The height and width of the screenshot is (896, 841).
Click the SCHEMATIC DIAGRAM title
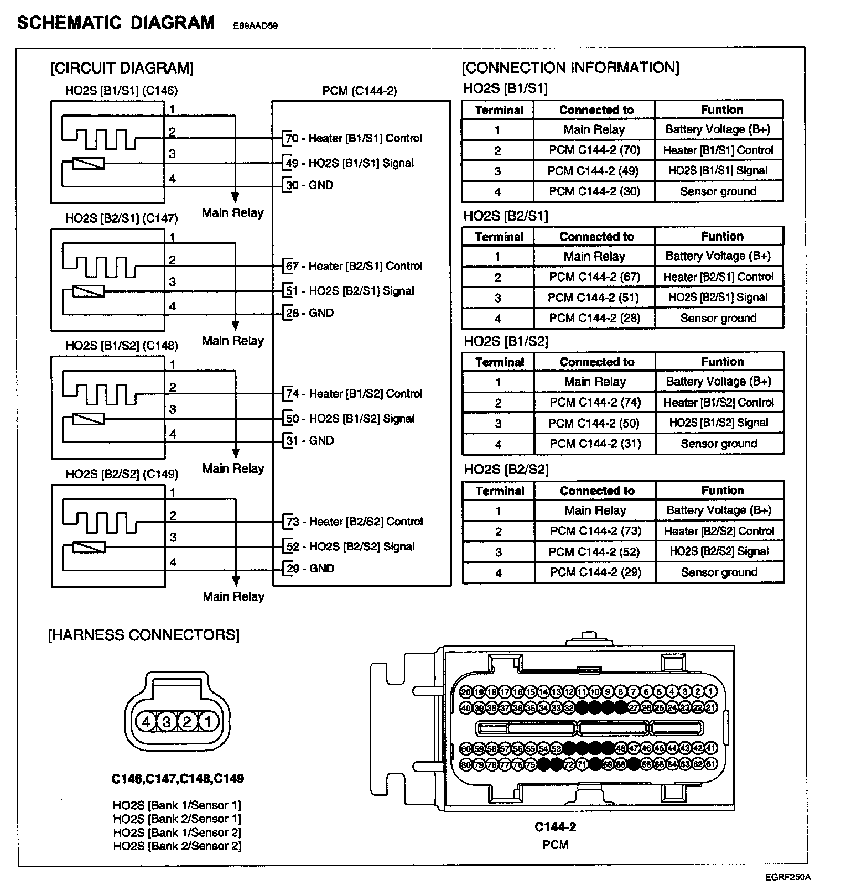point(116,23)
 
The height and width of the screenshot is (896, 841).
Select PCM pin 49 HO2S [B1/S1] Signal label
point(350,163)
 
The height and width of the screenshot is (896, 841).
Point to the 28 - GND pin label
point(310,313)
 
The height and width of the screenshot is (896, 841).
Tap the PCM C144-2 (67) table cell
point(594,277)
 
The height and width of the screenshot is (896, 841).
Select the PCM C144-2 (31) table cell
point(595,444)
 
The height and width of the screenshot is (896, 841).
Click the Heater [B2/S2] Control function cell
point(719,531)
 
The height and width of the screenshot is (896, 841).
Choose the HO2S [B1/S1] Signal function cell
point(718,171)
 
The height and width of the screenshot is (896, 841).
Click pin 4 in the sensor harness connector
point(146,721)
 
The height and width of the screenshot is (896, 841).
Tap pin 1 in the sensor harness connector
point(208,721)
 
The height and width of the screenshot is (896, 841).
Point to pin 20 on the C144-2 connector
point(465,691)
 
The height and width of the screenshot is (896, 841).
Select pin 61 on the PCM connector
point(712,764)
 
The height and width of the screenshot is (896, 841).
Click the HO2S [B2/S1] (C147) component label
point(122,218)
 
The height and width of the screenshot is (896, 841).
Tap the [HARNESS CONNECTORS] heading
point(144,634)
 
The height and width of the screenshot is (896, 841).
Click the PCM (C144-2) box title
point(360,91)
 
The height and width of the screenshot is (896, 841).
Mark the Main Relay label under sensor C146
point(233,213)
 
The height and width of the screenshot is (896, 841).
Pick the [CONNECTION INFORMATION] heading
point(570,68)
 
